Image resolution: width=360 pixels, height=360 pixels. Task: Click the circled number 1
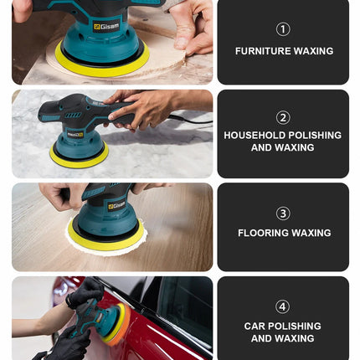(283, 29)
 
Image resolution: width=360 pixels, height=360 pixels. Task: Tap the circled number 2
(283, 117)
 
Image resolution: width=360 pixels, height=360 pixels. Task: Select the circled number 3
(283, 213)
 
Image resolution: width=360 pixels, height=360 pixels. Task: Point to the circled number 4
(283, 306)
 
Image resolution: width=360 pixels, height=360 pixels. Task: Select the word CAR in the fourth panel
(254, 326)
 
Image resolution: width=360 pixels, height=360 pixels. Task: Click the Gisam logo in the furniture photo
(106, 27)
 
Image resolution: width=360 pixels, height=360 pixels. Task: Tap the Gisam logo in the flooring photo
(116, 206)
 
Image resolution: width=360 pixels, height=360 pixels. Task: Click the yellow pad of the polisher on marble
(79, 159)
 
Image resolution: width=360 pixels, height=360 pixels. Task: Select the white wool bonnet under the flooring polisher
(106, 244)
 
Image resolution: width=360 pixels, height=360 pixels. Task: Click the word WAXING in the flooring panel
(309, 233)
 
